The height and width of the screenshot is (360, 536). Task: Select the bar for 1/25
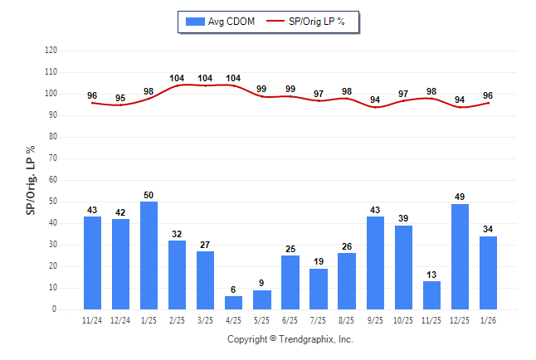[x=149, y=255]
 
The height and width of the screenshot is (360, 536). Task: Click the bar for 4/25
[x=234, y=303]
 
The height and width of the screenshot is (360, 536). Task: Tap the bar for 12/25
[x=460, y=256]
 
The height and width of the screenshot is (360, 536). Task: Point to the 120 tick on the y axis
[x=51, y=51]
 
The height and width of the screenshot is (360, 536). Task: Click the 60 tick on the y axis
[x=52, y=180]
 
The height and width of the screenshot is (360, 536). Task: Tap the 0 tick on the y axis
[x=55, y=309]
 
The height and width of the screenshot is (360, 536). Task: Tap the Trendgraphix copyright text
[x=290, y=339]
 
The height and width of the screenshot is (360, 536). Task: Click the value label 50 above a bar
[x=149, y=195]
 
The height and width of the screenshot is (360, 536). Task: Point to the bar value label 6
[x=234, y=290]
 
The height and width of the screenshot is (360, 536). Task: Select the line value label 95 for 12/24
[x=121, y=98]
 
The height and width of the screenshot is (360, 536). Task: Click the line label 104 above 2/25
[x=178, y=78]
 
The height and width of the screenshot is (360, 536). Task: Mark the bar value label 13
[x=432, y=275]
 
